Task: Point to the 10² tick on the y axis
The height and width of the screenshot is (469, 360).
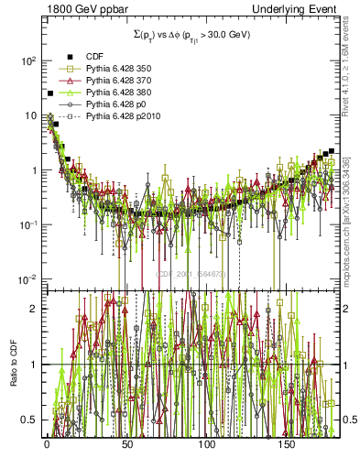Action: pyautogui.click(x=27, y=60)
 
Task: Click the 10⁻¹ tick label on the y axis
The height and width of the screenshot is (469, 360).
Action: pyautogui.click(x=27, y=225)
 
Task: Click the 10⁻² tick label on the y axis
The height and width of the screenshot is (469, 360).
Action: pyautogui.click(x=27, y=279)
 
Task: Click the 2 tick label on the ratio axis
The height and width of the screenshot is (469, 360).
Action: pyautogui.click(x=34, y=309)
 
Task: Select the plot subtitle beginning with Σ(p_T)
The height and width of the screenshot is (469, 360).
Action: pyautogui.click(x=191, y=35)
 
